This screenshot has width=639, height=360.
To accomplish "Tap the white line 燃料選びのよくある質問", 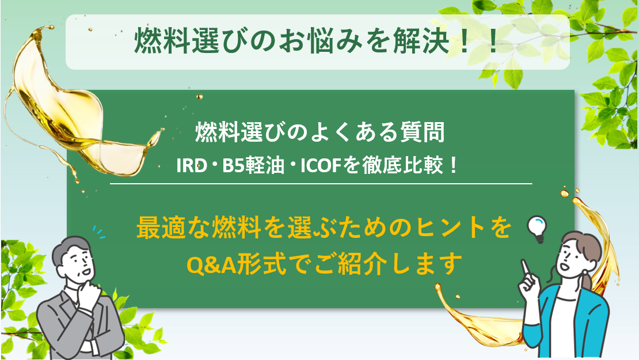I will pyautogui.click(x=319, y=134).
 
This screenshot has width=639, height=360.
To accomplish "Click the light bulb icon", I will pyautogui.click(x=535, y=228).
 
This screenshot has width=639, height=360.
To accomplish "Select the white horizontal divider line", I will pyautogui.click(x=321, y=184).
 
